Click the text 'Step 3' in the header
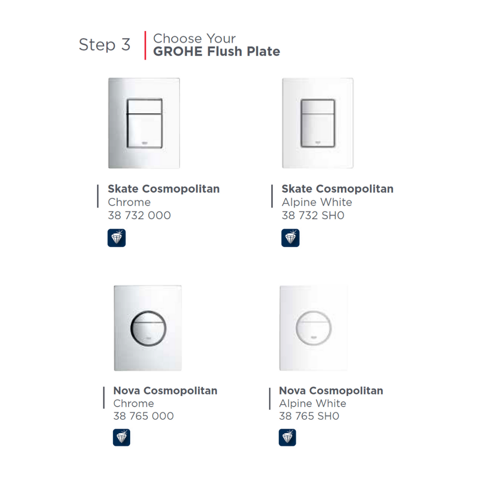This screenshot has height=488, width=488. point(104,44)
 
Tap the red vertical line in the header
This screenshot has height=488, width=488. point(145,46)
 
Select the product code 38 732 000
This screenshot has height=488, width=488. point(140,216)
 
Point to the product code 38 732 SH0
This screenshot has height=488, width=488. point(313,216)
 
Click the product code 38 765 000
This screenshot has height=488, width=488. point(144,416)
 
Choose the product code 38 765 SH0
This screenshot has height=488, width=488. point(309,416)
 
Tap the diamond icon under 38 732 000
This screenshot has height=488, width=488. point(117,238)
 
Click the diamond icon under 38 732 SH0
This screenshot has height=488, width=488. point(291,238)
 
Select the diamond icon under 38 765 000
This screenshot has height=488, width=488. point(122,437)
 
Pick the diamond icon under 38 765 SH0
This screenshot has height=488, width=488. point(287,437)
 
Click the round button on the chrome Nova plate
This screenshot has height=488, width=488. point(148,328)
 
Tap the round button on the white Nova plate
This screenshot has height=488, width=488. point(314,328)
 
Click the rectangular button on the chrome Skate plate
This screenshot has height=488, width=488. point(145,123)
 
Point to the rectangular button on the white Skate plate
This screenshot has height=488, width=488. point(318,123)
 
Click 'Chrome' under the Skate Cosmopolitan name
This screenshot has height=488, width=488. point(129,202)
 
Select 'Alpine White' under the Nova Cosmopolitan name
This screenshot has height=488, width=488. point(313,404)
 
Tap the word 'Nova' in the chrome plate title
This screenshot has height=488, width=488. point(127,390)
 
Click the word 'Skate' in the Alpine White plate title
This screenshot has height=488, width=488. point(297,189)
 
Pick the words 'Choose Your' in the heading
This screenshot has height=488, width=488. point(194,38)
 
